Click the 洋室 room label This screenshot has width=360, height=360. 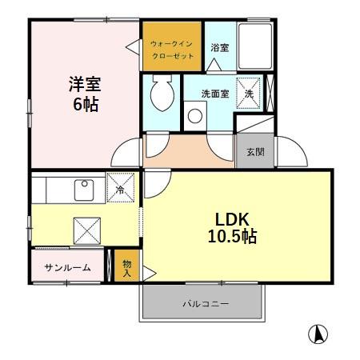[x=82, y=83]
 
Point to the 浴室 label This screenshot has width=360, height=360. [x=219, y=47]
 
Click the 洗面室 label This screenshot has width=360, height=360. [x=214, y=94]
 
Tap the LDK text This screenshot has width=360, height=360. [x=233, y=219]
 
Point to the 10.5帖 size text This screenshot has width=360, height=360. [x=233, y=238]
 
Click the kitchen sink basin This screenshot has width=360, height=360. [x=84, y=190]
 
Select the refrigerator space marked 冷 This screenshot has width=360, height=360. [x=120, y=189]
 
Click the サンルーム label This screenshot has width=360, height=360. [x=67, y=267]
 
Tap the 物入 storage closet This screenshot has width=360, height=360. [x=126, y=266]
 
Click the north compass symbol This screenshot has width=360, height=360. [x=318, y=334]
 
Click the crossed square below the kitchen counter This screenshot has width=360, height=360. [x=86, y=229]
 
